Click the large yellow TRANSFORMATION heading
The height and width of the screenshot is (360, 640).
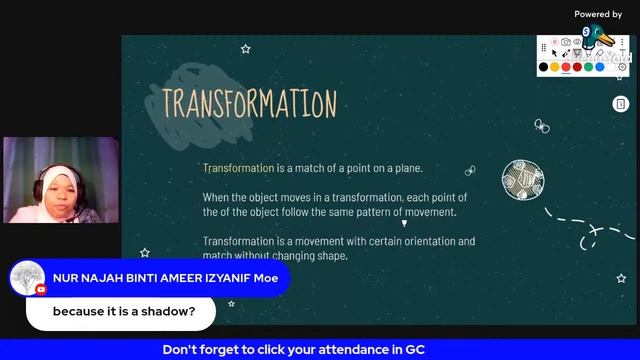pos(249,103)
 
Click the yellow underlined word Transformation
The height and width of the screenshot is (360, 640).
pos(238,168)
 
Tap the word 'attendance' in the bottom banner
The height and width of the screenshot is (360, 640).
pos(340,350)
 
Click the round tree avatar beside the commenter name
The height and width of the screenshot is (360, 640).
pos(26,278)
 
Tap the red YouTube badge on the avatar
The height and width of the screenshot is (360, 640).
pos(41,290)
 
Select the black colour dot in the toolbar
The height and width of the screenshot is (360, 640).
pos(543,67)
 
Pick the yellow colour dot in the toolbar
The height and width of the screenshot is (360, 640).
pos(555,67)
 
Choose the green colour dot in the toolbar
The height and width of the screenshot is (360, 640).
pos(589,67)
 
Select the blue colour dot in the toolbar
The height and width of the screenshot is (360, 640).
pos(600,67)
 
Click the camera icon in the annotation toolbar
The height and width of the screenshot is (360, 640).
pos(566,43)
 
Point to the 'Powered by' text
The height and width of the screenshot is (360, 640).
pos(598,14)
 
